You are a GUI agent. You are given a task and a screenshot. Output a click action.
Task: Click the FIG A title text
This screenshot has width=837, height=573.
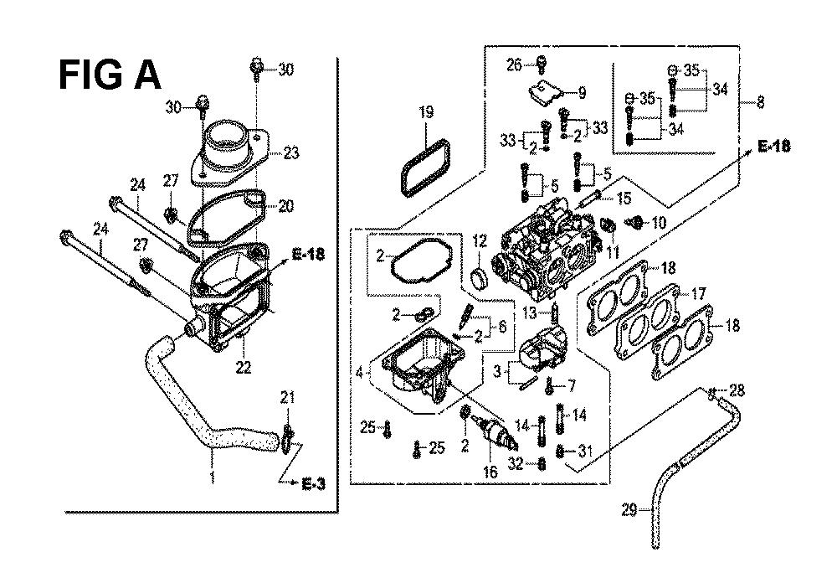pos(110,75)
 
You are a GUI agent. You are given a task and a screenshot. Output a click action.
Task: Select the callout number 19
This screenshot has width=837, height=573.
pos(426,112)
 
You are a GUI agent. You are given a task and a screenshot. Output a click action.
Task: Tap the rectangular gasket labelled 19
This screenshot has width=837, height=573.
pos(425,167)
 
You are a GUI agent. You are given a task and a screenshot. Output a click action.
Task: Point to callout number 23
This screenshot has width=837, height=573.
pos(291,153)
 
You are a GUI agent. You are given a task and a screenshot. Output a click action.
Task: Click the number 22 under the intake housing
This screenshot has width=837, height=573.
pos(244,368)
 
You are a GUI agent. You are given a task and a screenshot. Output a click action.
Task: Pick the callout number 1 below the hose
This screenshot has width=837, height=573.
pos(213,476)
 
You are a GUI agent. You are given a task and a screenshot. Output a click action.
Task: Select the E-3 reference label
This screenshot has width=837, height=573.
pos(313,484)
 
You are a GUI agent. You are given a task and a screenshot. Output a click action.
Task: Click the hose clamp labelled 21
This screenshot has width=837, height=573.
pos(287,438)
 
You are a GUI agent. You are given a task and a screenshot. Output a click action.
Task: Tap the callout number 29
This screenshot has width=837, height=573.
pos(629,510)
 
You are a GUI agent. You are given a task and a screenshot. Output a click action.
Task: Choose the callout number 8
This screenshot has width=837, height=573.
pos(761,101)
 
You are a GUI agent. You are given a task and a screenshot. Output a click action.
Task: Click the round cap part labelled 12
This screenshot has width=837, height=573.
pos(480,278)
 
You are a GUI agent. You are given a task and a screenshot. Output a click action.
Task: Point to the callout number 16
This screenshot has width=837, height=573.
pos(490,472)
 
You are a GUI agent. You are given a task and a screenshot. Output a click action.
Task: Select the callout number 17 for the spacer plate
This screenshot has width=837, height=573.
pos(698,293)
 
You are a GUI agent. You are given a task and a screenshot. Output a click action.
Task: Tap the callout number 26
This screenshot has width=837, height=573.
pos(514,65)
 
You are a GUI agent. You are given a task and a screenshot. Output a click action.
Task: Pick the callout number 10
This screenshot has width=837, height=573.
pos(660,222)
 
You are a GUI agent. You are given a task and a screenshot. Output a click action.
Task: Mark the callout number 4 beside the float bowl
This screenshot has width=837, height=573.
pos(359,372)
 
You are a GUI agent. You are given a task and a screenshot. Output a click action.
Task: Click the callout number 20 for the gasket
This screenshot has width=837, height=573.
pos(286,205)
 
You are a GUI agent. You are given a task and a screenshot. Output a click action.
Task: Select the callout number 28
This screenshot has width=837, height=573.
pos(737,390)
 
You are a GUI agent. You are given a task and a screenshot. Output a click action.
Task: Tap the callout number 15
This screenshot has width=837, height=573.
pos(624,198)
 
